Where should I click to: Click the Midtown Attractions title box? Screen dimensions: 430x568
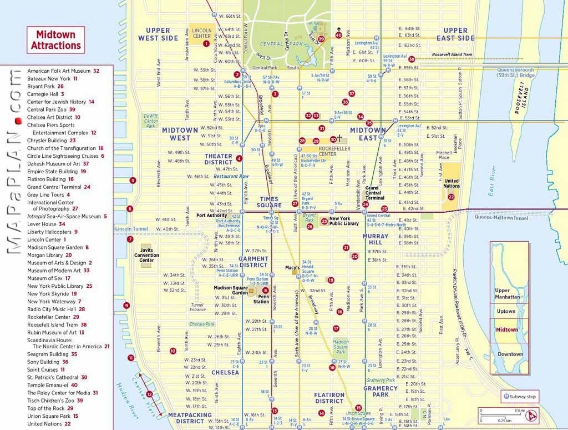(x=55, y=40)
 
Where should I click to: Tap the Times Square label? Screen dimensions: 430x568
(x=270, y=202)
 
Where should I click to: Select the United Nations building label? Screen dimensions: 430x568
(x=452, y=184)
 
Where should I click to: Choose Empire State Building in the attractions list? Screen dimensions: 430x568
(x=53, y=172)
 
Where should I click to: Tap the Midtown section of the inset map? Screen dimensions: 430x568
(x=506, y=329)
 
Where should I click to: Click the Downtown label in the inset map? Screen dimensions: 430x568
(x=510, y=354)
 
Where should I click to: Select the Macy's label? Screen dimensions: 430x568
(x=292, y=268)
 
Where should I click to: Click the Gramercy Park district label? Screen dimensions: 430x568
(x=381, y=391)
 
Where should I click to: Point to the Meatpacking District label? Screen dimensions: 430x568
(x=190, y=418)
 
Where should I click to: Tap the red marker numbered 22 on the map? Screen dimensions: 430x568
(x=452, y=197)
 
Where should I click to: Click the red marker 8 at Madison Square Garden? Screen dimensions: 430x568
(x=266, y=290)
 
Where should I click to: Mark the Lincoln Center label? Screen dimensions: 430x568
(x=201, y=33)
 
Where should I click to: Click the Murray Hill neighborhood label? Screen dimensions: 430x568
(x=376, y=239)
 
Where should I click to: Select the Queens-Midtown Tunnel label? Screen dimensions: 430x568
(x=501, y=218)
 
